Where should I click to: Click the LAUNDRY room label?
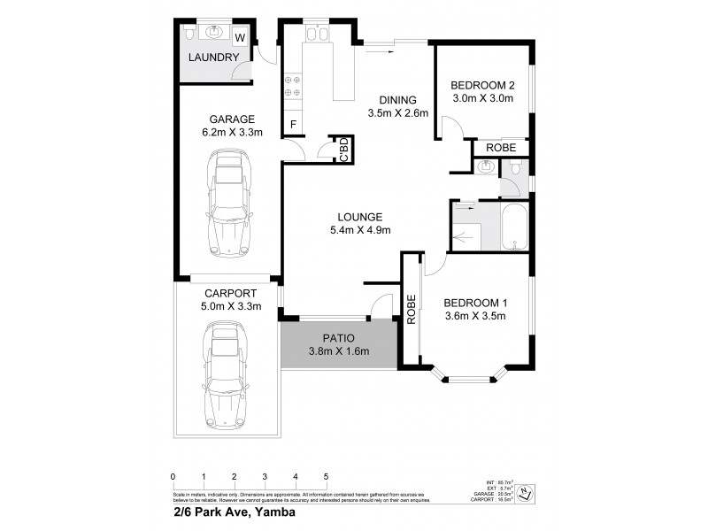point(213,58)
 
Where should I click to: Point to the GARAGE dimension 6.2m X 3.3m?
point(232,134)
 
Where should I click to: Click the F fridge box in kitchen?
point(293,125)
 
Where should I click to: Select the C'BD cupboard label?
point(342,149)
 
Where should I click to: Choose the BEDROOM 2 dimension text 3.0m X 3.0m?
point(482,99)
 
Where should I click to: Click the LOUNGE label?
point(358,217)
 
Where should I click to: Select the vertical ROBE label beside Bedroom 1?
point(411,310)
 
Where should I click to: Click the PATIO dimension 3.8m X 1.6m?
point(338,351)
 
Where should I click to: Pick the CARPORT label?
point(230,294)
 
